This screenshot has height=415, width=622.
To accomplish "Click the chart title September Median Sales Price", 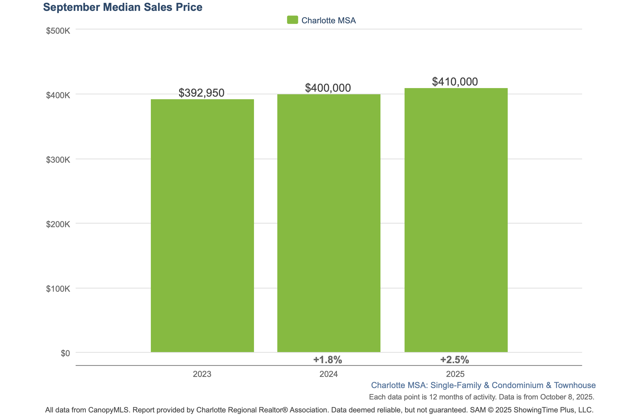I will click(x=123, y=7).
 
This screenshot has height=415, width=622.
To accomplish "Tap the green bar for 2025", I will click(x=456, y=220).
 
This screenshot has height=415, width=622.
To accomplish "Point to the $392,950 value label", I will click(x=201, y=93).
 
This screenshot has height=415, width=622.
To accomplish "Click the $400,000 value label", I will click(x=328, y=88).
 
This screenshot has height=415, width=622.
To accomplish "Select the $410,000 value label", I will click(x=455, y=82).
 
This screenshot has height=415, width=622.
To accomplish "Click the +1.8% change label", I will click(x=328, y=360).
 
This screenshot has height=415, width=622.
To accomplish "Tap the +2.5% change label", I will click(x=454, y=360).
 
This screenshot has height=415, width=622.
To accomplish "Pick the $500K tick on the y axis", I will click(x=58, y=31).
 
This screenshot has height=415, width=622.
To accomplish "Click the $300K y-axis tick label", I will click(x=58, y=160).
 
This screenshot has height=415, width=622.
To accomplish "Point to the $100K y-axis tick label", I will click(x=58, y=289).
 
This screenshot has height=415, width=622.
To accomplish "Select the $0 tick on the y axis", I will click(x=65, y=353).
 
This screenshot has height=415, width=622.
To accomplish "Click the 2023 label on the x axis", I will click(x=202, y=374).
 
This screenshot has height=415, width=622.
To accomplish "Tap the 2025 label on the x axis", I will click(x=455, y=374).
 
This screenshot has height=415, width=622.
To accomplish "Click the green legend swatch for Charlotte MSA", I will click(x=292, y=20).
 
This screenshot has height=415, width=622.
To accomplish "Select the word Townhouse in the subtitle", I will click(x=575, y=385).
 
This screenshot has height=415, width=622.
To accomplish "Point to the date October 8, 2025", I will click(x=567, y=397).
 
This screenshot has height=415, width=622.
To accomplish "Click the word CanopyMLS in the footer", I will click(x=109, y=410).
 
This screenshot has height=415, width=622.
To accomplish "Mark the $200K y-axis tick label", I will click(x=58, y=224).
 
